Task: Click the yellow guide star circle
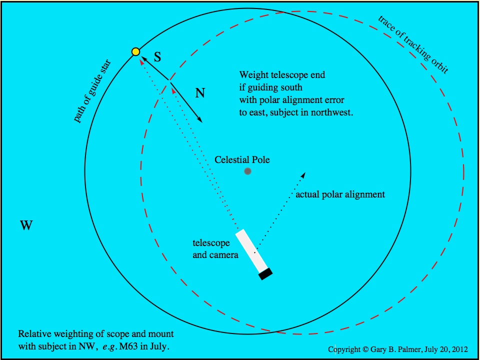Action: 135,52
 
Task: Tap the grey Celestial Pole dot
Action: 247,171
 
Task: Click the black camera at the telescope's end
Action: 265,274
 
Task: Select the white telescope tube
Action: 251,250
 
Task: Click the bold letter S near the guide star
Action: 157,57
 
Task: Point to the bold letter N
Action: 200,93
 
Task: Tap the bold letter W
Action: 26,225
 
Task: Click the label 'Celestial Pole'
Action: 242,159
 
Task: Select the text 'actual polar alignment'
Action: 340,194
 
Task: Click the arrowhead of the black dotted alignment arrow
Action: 303,175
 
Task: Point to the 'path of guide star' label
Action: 92,91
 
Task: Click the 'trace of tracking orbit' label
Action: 413,45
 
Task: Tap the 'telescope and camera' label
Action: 215,249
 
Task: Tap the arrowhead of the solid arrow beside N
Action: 200,120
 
